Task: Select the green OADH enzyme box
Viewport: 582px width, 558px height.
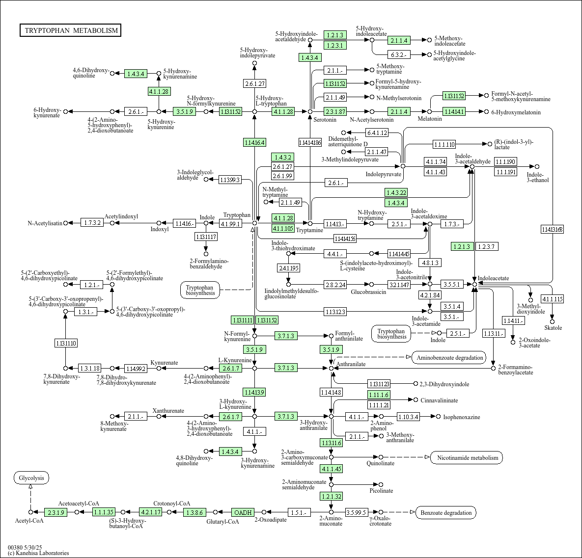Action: [x=243, y=512]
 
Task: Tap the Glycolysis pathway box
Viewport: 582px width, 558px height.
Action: [x=31, y=478]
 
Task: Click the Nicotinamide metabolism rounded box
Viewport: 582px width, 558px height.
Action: [x=467, y=458]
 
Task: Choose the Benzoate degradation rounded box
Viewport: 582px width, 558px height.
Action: [x=446, y=513]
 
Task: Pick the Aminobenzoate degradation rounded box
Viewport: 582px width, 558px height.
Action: [x=449, y=357]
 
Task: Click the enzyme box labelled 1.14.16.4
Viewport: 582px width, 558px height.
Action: [x=254, y=142]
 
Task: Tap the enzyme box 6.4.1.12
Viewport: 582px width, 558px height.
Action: [x=377, y=133]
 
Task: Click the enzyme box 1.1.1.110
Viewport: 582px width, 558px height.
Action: [x=444, y=144]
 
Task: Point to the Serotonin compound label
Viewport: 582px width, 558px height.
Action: [x=325, y=120]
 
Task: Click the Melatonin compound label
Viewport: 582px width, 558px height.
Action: [x=430, y=119]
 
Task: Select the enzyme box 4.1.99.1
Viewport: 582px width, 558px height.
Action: [x=230, y=223]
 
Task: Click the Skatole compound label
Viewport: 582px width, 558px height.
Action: [x=553, y=328]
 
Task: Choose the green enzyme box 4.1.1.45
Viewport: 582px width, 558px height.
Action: [x=331, y=469]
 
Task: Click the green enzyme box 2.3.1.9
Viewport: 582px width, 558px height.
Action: [x=56, y=512]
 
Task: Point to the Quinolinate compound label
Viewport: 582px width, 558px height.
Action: [x=380, y=463]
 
